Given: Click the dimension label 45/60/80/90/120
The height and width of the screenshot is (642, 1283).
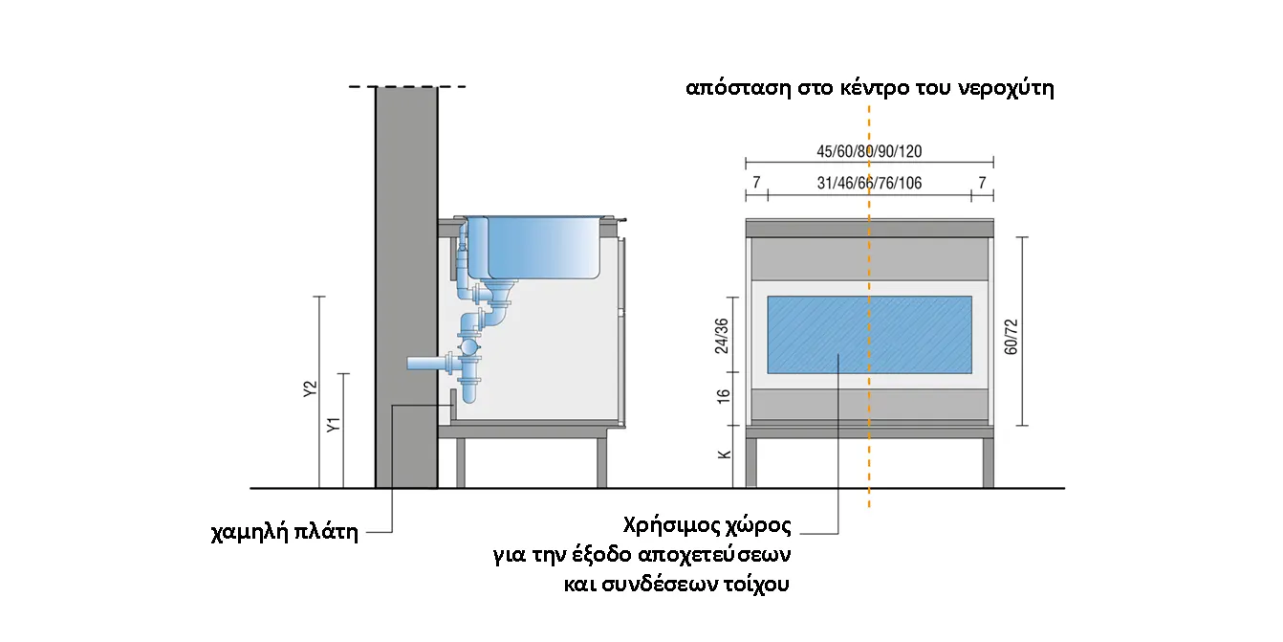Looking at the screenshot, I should point(869,151).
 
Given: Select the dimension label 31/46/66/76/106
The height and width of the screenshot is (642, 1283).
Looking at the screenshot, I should point(869,183).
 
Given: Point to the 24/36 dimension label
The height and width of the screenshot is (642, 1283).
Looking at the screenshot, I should point(723,336).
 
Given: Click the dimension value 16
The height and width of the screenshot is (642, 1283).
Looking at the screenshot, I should point(724,394).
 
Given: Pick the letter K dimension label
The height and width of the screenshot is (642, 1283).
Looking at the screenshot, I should point(724,454).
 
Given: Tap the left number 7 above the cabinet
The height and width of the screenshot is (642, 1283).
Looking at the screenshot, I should point(755,183).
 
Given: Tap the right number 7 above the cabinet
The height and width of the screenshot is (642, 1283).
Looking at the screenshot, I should point(982,183).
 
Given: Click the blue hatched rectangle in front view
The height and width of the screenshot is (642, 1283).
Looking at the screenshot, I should point(869,335).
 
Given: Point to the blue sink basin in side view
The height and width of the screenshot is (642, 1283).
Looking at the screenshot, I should point(540,246).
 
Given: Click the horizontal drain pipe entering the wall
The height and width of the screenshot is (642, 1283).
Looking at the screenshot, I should point(425,364).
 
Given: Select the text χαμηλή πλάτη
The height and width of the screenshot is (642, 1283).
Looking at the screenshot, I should point(284,532).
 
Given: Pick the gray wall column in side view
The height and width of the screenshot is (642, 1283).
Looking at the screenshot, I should point(406,287).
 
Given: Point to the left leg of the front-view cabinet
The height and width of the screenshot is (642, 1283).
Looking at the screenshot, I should point(751,463).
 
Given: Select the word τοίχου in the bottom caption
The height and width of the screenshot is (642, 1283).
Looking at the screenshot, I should point(755,584).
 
